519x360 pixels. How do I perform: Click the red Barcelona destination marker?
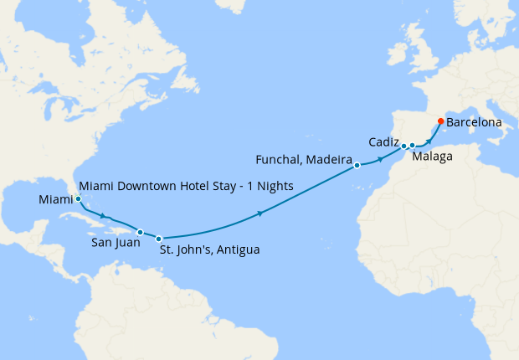tap(441, 121)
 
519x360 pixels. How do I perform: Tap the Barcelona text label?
tap(475, 122)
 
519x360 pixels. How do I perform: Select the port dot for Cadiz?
tap(403, 146)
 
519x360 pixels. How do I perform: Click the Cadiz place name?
tap(383, 141)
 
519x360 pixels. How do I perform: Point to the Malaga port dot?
tap(412, 147)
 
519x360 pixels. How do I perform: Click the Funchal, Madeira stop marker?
tap(357, 165)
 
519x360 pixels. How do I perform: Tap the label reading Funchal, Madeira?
tap(302, 158)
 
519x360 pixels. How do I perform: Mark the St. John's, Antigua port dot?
tap(158, 239)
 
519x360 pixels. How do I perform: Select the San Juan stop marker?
tap(140, 232)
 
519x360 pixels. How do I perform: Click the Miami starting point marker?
tap(78, 199)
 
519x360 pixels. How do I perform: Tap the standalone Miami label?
tap(55, 200)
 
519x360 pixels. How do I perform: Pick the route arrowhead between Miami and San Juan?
tap(104, 217)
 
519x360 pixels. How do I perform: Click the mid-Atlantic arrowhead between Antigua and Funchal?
tap(260, 215)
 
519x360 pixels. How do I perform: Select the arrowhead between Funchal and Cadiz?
tap(382, 157)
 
